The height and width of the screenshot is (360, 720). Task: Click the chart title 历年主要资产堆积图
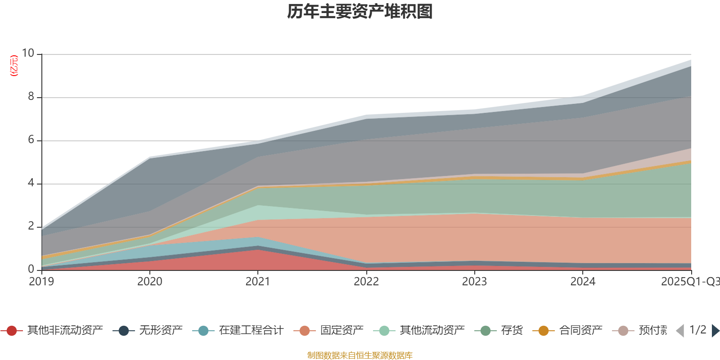(360, 12)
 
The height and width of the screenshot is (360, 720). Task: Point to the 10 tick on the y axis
(28, 53)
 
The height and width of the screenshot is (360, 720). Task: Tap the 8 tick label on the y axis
(31, 96)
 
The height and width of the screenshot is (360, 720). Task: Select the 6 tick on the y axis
(31, 139)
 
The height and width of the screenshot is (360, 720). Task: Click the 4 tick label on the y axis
(31, 183)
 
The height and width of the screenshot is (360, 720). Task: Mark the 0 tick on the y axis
(31, 269)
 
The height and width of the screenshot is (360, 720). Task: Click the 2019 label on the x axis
(41, 282)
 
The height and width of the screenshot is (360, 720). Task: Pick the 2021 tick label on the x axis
(257, 282)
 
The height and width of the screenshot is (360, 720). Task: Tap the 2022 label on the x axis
(366, 282)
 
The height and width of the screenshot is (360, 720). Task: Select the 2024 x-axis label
(583, 282)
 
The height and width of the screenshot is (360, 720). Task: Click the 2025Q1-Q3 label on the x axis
(689, 282)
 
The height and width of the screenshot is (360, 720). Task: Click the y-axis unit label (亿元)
(14, 66)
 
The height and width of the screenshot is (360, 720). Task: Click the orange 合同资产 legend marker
(544, 331)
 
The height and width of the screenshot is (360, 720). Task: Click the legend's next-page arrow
(715, 331)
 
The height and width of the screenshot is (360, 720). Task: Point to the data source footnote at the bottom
(360, 355)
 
